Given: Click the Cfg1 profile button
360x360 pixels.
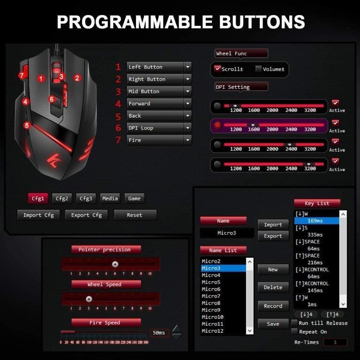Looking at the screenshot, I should (x=38, y=198).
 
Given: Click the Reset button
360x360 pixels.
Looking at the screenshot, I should (x=135, y=215).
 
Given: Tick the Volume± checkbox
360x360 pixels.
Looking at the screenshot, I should (x=258, y=69).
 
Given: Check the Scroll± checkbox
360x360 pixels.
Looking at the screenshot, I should (x=217, y=69).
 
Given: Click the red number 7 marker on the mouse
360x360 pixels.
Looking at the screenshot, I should (x=22, y=75).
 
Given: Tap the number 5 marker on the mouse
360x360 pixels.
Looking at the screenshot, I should (x=27, y=125).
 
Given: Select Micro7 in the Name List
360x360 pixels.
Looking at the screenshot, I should (x=211, y=296).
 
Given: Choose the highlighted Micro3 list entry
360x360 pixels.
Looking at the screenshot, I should (x=223, y=269).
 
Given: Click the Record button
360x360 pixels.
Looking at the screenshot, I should (x=273, y=306).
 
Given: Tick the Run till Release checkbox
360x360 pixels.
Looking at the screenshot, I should (x=294, y=323).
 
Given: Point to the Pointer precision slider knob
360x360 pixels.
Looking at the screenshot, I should (x=115, y=264).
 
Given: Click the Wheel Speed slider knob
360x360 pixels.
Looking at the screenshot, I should (x=89, y=299).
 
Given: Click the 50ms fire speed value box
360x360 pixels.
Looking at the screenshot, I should (x=159, y=333).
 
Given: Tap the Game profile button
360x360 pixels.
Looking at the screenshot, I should (x=134, y=198).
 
